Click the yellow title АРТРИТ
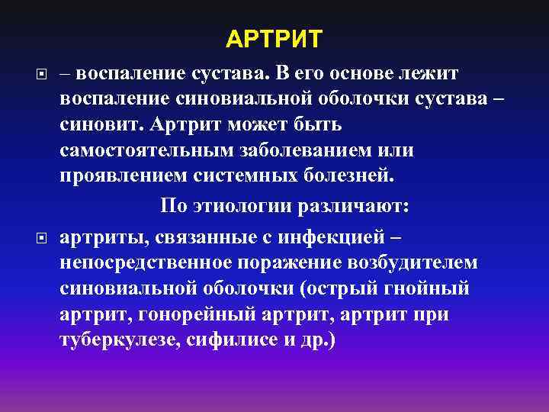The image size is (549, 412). pyautogui.click(x=274, y=38)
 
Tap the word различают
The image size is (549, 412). pyautogui.click(x=359, y=207)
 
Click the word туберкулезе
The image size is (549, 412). pyautogui.click(x=118, y=340)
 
